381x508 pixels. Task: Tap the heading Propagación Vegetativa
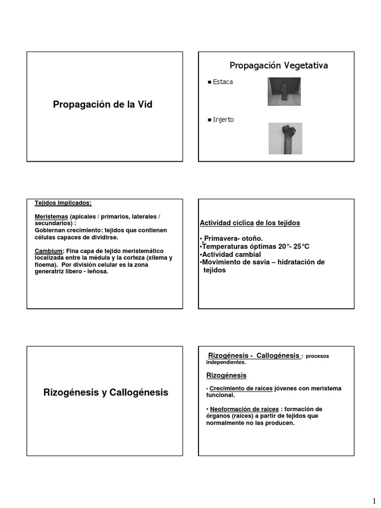click(278, 65)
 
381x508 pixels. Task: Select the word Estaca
click(223, 82)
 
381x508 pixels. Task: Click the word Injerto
click(223, 120)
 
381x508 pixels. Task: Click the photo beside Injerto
click(285, 138)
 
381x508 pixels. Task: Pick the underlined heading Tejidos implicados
click(63, 203)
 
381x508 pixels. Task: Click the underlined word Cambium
click(49, 251)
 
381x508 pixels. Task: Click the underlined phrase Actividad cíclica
click(227, 223)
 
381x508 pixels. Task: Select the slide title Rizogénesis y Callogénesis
click(106, 392)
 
